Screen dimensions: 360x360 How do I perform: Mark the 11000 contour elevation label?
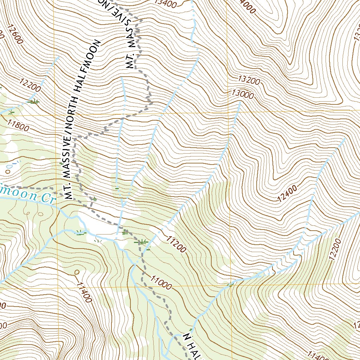[x=162, y=282]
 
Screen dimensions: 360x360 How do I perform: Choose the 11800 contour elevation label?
[x=18, y=124]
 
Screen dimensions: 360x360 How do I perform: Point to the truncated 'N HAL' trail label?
[x=192, y=346]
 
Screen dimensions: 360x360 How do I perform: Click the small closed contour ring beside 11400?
[x=77, y=272]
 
